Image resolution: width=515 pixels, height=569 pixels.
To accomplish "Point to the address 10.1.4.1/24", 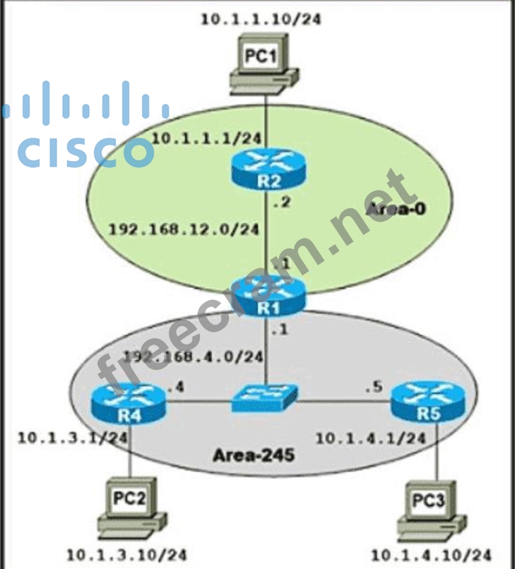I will click(x=370, y=438).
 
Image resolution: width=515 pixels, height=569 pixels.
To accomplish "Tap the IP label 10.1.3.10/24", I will click(x=127, y=555).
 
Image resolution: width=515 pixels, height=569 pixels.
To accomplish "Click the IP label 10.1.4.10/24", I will click(x=432, y=555).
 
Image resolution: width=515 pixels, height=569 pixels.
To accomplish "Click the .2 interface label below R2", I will click(x=283, y=204).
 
